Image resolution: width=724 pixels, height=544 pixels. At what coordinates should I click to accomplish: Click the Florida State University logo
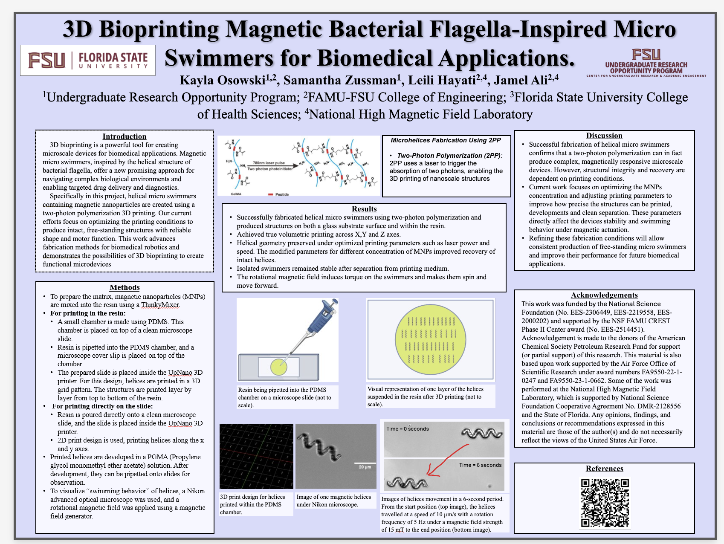coord(88,60)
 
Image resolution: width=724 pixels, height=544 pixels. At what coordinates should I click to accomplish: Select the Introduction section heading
coord(125,136)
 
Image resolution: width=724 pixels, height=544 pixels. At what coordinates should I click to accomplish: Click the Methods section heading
coord(125,287)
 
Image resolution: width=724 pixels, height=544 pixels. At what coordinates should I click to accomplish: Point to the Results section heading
coord(364,209)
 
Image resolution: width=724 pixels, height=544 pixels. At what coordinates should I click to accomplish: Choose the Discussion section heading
coord(604,136)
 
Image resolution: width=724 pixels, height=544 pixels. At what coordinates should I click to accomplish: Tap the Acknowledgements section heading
coord(604,295)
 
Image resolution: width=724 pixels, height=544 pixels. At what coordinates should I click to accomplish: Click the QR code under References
coord(605,503)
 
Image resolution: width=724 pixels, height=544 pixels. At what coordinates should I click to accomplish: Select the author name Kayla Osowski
coord(222,80)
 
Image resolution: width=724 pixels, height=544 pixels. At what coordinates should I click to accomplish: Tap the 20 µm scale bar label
coord(365,467)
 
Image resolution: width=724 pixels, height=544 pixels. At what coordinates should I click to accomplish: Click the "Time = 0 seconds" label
coord(408,429)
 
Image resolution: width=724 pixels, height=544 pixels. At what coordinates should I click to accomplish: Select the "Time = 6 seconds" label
coord(480,465)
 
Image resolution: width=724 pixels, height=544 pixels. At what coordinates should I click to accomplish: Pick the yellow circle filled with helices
coord(430,339)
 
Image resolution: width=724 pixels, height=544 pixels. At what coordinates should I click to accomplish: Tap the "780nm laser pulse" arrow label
coord(269,163)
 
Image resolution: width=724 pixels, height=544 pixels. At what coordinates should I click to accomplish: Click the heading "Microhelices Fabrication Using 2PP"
coord(446,140)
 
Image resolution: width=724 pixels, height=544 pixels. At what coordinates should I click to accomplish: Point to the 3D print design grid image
coord(256,456)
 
